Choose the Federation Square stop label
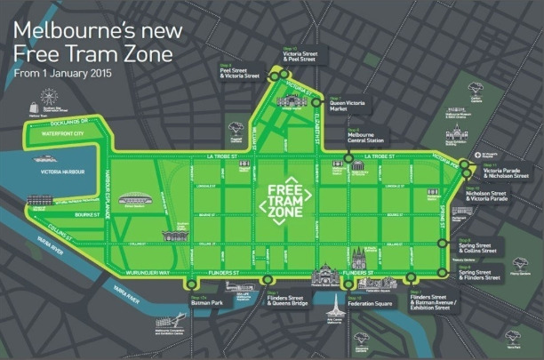click(364, 302)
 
